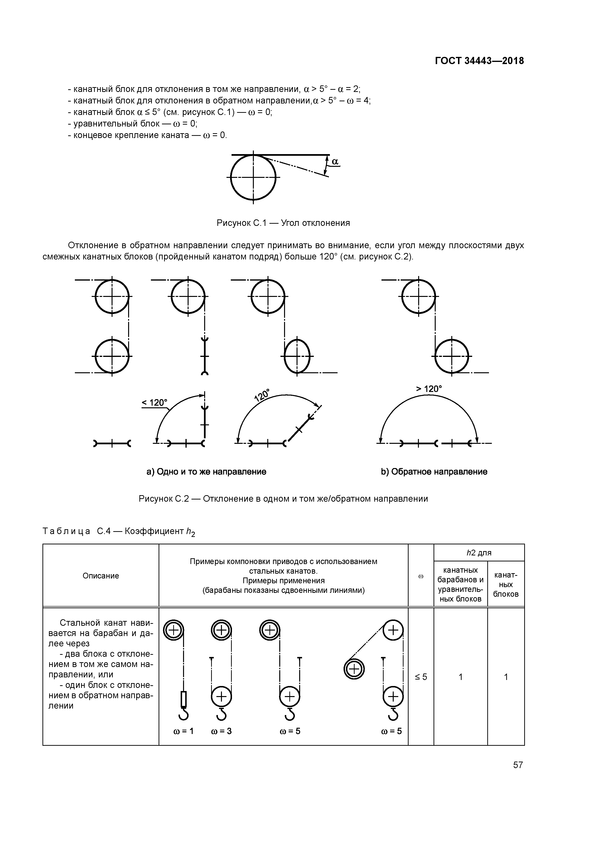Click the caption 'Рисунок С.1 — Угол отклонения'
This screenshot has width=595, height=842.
(x=283, y=223)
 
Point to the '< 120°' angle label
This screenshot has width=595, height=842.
(x=154, y=403)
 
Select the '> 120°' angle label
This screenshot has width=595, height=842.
(x=429, y=389)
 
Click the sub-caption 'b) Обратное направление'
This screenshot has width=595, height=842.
(x=434, y=472)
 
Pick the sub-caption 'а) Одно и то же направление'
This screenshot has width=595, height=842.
(x=206, y=472)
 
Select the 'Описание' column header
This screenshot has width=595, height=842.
(x=101, y=576)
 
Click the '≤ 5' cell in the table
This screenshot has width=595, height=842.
(x=421, y=677)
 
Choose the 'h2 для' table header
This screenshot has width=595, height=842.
(x=479, y=553)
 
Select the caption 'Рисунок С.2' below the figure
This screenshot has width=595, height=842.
(x=283, y=499)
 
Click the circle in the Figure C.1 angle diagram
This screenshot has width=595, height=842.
(x=253, y=177)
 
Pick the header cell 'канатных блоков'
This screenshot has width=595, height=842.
(x=506, y=584)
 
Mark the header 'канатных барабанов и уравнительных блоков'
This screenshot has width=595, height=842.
(x=460, y=584)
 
